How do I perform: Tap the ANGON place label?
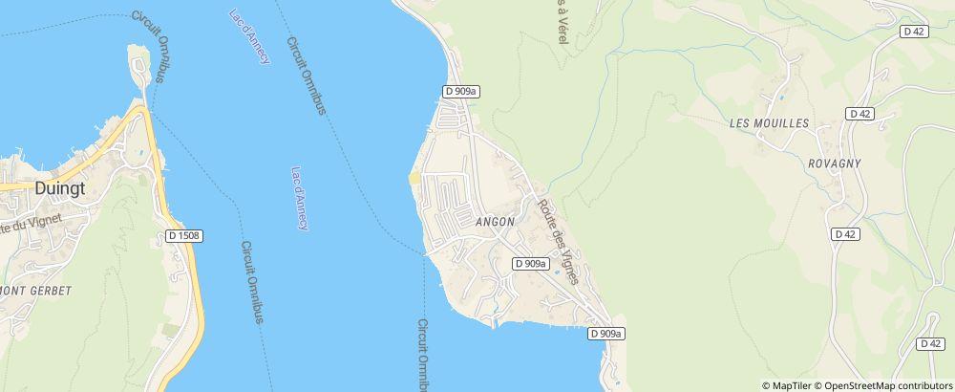[x=495, y=222]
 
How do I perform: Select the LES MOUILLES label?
[x=769, y=123]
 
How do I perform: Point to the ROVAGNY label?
[x=834, y=163]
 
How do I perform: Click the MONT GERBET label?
[x=36, y=290]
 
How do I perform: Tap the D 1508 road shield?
[x=182, y=234]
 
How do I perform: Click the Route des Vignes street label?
[x=559, y=240]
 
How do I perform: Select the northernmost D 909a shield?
[x=460, y=91]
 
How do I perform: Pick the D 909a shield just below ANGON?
[x=530, y=263]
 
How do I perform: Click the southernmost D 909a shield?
[x=605, y=333]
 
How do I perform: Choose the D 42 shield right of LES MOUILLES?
[x=860, y=114]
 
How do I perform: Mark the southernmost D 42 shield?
[x=929, y=343]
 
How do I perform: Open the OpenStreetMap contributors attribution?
[x=884, y=385]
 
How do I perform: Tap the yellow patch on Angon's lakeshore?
[x=414, y=181]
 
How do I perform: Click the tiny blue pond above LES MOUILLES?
[x=781, y=98]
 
